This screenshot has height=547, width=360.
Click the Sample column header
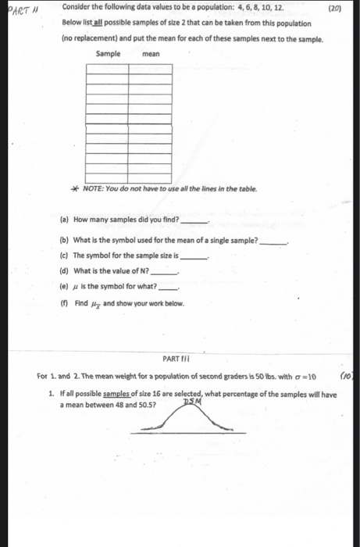click(x=108, y=54)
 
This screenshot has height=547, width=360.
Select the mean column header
click(x=151, y=54)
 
